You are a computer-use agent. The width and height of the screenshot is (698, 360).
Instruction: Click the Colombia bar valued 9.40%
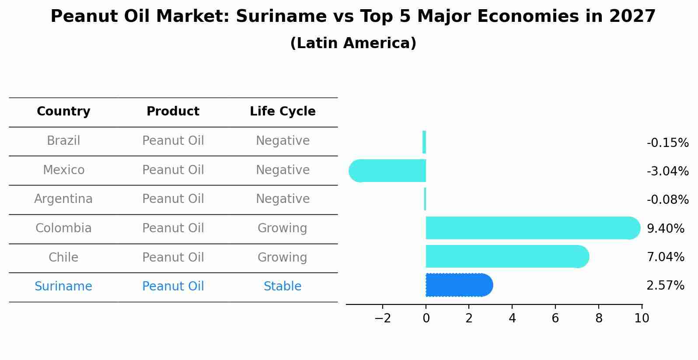click(531, 228)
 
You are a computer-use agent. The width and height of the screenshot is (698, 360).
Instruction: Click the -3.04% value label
click(667, 171)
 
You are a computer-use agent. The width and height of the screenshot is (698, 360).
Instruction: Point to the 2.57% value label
click(665, 286)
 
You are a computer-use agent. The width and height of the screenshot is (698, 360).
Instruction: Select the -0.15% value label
click(667, 143)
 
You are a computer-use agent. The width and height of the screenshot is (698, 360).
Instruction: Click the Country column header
click(63, 112)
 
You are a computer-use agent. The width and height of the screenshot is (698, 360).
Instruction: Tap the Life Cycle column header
click(283, 112)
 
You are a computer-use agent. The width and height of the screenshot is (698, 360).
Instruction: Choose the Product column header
click(173, 112)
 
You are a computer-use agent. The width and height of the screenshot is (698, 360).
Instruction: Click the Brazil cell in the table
click(63, 141)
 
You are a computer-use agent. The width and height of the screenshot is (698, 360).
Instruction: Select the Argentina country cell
click(63, 199)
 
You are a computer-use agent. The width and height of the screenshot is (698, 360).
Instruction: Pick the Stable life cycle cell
click(283, 287)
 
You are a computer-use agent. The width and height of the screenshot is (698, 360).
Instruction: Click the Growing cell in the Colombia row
click(283, 228)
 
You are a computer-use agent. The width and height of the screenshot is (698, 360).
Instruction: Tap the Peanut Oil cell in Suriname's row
click(173, 287)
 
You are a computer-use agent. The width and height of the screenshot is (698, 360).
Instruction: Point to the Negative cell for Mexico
click(283, 170)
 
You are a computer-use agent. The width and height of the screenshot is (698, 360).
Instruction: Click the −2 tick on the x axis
click(382, 318)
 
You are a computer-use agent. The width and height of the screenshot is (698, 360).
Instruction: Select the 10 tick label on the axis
click(642, 318)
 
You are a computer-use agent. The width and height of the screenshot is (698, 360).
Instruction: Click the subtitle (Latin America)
click(353, 43)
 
